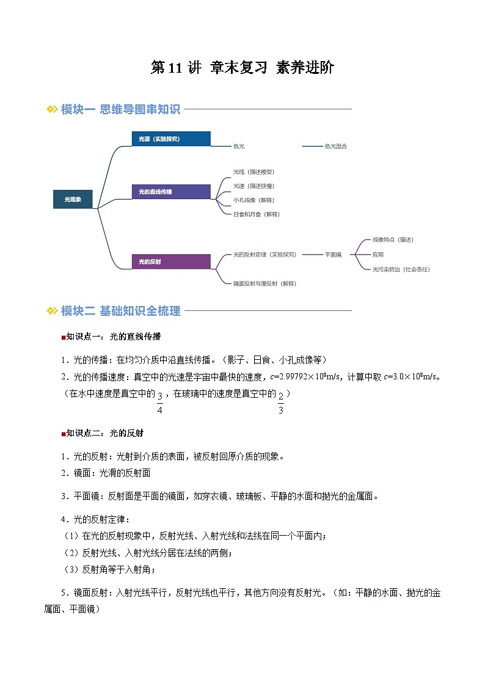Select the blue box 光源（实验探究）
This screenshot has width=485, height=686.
click(x=171, y=139)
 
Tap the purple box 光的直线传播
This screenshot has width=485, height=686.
click(x=171, y=192)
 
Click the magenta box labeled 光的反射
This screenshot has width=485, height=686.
click(x=171, y=261)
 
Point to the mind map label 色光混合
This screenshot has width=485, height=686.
click(x=335, y=147)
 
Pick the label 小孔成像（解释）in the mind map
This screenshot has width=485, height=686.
click(x=253, y=200)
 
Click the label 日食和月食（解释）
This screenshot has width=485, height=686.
click(x=257, y=214)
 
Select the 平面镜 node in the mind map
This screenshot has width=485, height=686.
click(x=333, y=254)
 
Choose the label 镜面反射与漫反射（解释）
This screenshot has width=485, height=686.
click(x=264, y=283)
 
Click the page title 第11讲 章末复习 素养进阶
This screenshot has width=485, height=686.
click(x=242, y=68)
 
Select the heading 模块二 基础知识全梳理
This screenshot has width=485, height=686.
click(x=120, y=311)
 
